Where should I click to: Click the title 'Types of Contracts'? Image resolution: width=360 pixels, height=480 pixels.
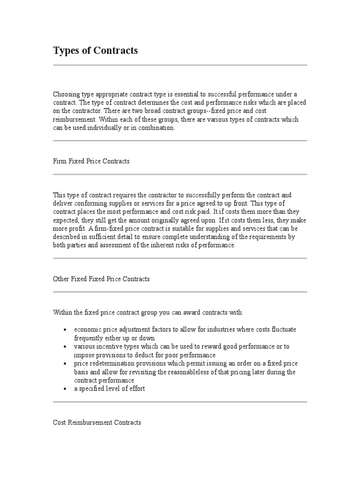tap(95, 51)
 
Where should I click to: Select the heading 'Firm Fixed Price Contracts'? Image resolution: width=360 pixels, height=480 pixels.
tap(91, 161)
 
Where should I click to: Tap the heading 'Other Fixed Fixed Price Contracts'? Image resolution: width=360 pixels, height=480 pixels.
tap(101, 279)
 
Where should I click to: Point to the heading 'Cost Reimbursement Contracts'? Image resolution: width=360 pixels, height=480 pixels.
tap(97, 422)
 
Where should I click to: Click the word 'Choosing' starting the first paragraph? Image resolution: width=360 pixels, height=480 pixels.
tap(66, 94)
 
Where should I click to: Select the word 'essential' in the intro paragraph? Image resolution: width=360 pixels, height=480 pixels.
tap(183, 94)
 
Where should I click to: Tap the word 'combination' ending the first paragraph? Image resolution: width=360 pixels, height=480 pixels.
tap(157, 128)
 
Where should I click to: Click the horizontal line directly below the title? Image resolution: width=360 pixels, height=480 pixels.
tap(180, 65)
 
